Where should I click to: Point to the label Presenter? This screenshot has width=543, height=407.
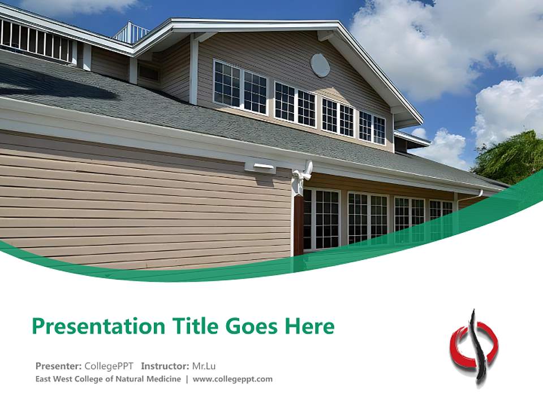point(59,366)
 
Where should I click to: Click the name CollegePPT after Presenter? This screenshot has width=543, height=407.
point(109,366)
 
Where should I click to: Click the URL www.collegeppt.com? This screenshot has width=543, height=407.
point(232,379)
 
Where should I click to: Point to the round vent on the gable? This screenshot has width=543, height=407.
point(320,65)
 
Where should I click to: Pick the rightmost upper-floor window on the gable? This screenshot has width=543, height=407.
point(372,128)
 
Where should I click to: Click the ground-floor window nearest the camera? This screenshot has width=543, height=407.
point(321,219)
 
